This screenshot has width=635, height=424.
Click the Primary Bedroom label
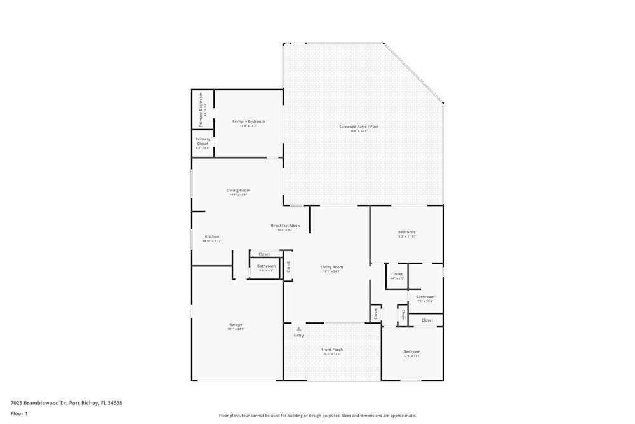248,121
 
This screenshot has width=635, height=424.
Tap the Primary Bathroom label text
201,109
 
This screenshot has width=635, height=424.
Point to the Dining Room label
238,190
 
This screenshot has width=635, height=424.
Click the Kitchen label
211,236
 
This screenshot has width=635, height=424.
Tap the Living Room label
331,267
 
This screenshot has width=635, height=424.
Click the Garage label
236,325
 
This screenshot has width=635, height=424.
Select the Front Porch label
332,350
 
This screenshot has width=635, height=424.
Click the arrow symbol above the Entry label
298,329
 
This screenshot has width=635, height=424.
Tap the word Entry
298,335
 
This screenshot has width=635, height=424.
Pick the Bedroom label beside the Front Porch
411,352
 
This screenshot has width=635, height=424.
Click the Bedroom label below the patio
406,232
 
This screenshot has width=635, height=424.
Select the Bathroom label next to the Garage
266,266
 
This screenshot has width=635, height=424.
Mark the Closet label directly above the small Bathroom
264,254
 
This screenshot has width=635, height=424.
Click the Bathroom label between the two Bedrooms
425,297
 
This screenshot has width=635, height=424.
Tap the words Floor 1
19,413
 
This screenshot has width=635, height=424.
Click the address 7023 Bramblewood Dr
38,402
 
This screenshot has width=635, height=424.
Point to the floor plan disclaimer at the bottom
317,416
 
